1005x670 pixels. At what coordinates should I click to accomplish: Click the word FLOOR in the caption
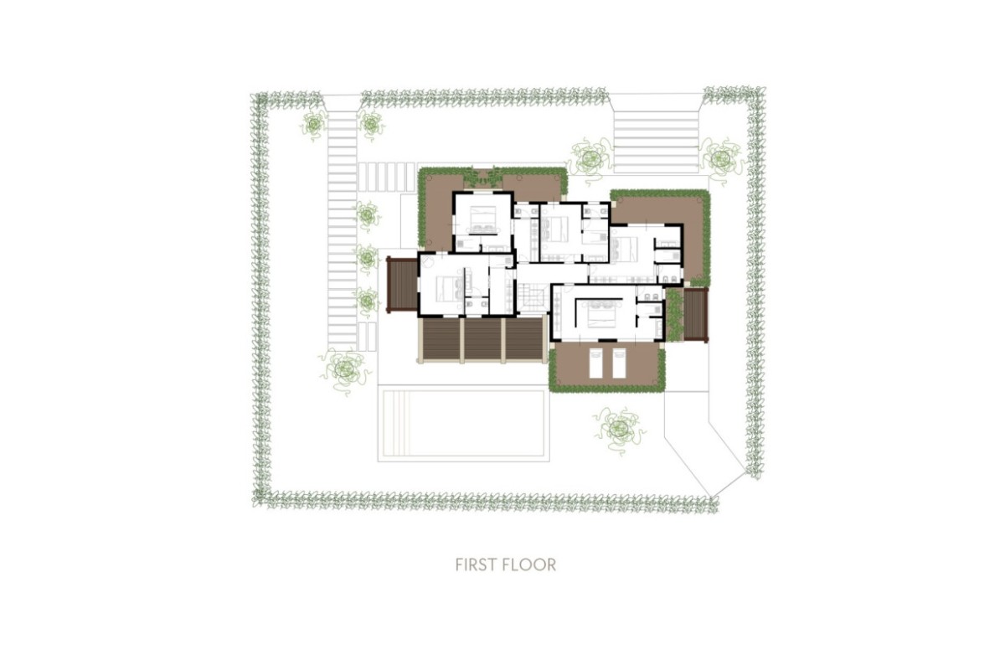tap(530, 564)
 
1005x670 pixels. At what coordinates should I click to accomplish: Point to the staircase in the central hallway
tap(531, 296)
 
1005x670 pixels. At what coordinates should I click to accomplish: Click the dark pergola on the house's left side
tap(401, 286)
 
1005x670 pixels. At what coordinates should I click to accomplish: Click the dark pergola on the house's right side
tap(696, 315)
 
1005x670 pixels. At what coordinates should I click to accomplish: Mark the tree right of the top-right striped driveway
tap(720, 157)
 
